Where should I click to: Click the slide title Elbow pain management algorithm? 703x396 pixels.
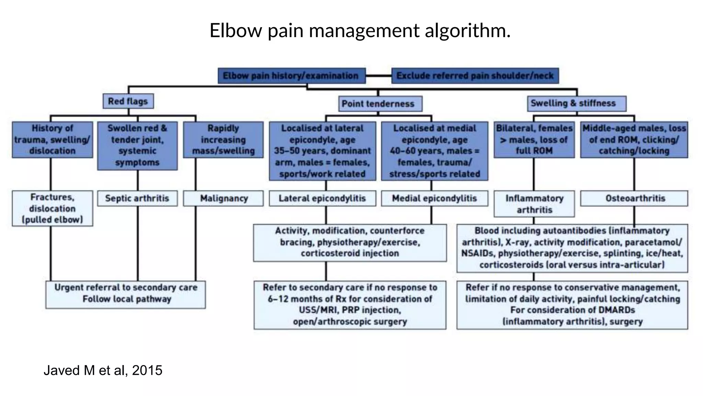tap(360, 30)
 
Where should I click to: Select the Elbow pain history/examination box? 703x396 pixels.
tap(291, 76)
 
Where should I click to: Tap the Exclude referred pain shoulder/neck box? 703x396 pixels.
tap(475, 76)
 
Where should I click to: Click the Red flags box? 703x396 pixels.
tap(128, 101)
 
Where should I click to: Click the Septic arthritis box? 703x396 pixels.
tap(137, 198)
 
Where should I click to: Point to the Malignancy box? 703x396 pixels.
tap(223, 198)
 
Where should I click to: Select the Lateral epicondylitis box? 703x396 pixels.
tap(322, 198)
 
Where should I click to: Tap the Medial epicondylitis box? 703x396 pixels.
tap(434, 198)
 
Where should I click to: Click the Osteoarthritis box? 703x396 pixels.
tap(634, 198)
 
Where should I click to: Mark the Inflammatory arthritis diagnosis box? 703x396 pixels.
tap(534, 204)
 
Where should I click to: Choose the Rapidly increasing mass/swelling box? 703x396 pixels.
tap(223, 140)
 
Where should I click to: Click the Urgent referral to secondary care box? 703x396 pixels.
tap(126, 293)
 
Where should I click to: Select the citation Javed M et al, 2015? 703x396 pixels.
tap(103, 370)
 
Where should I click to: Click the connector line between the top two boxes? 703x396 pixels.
tap(378, 76)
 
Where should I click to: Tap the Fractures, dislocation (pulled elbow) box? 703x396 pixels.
tap(52, 208)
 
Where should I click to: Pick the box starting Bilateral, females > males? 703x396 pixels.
tap(534, 140)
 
